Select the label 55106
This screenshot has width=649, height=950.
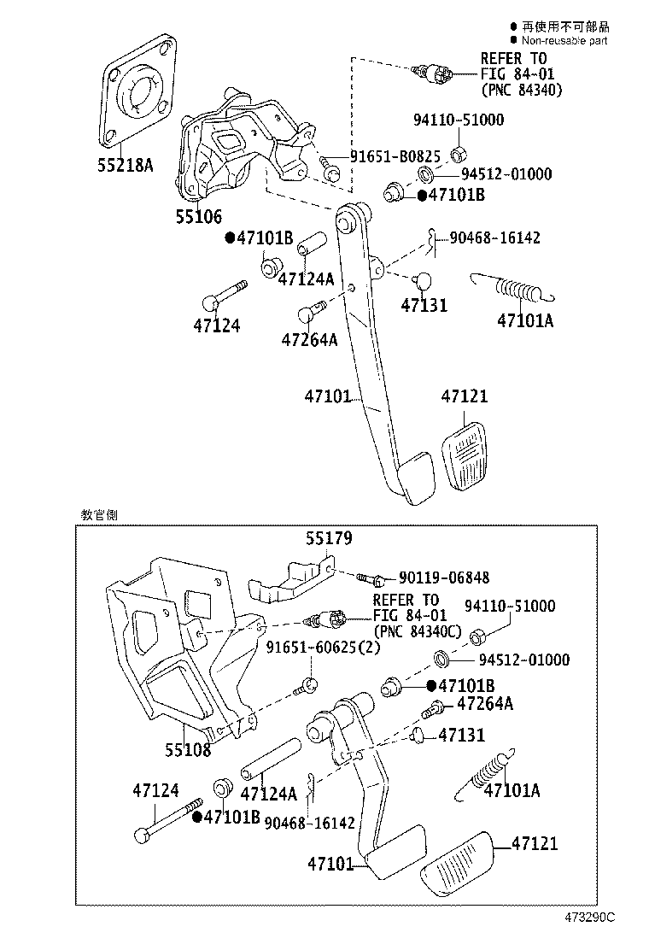pos(199,218)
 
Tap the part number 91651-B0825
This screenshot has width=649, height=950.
pos(395,157)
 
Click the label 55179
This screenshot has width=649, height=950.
pos(330,538)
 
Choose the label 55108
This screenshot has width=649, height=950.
pos(188,750)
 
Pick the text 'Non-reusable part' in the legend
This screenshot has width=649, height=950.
pos(564,40)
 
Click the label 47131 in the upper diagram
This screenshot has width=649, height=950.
pos(425,305)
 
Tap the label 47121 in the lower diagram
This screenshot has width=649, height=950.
pos(535,844)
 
